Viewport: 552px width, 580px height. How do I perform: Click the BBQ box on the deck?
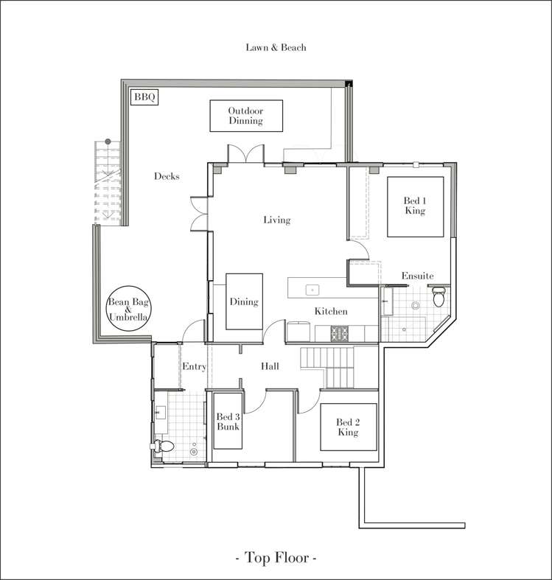point(144,97)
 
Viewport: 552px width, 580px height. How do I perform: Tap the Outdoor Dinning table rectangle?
point(246,116)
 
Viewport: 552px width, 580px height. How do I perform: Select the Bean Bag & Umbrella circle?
point(128,308)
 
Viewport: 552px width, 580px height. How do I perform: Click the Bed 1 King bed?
point(415,207)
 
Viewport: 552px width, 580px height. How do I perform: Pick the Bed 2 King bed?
point(348,427)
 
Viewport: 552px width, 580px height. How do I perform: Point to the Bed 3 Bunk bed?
point(228,421)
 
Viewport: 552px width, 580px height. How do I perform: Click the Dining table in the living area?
point(244,301)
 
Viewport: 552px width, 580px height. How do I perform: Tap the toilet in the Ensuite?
point(439,297)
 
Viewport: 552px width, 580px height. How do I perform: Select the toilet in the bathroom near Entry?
point(162,446)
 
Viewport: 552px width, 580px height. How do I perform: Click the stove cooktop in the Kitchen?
point(339,333)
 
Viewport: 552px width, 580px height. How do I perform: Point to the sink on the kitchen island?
point(312,290)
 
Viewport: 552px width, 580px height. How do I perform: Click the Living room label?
point(277,220)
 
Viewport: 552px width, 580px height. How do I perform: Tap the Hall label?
point(270,366)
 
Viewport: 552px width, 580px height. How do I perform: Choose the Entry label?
point(195,366)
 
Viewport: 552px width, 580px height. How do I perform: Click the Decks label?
point(167,176)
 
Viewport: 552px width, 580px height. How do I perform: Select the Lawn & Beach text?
point(276,47)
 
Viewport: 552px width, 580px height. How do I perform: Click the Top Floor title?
point(276,557)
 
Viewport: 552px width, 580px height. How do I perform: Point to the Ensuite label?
point(418,276)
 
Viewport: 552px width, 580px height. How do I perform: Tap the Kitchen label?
point(331,311)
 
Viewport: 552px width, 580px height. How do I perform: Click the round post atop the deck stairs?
point(108,141)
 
